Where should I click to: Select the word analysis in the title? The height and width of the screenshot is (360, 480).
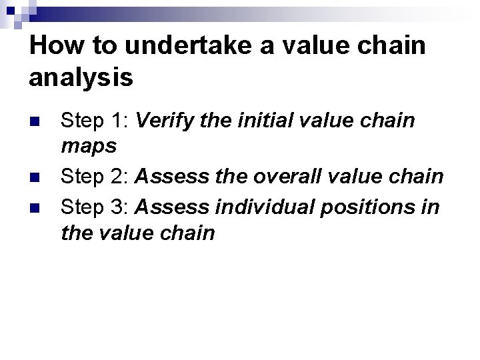81,77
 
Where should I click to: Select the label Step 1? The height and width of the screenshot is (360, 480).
95,121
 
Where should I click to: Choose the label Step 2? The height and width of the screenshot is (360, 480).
95,177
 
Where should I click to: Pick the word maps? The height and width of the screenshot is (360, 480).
88,145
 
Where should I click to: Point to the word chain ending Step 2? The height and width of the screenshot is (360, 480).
417,177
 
